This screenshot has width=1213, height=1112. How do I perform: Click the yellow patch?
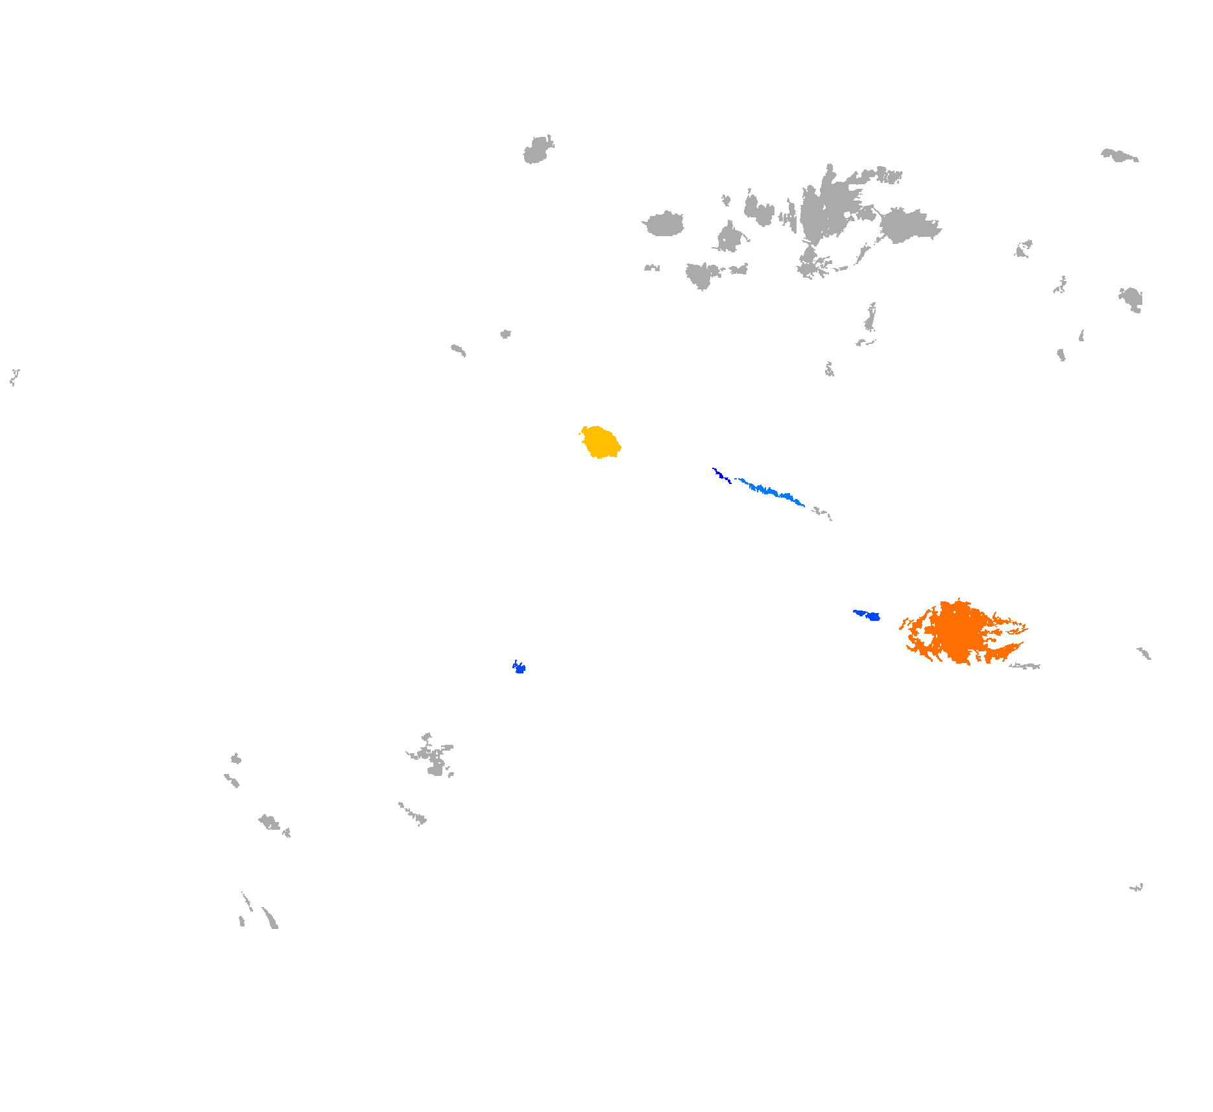click(601, 442)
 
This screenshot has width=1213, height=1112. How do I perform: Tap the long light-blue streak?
click(772, 491)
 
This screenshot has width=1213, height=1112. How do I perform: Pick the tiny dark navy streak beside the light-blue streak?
click(721, 475)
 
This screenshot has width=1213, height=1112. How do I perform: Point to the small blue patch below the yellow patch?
click(519, 668)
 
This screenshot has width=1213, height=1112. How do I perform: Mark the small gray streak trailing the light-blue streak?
click(822, 513)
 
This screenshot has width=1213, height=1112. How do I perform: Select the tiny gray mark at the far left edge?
click(14, 376)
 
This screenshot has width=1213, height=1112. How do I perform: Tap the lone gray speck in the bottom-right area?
click(1136, 887)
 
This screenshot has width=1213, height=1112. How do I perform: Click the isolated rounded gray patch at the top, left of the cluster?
click(538, 151)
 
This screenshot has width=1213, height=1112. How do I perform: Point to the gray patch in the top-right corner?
click(1118, 155)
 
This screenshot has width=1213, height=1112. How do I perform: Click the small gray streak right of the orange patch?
click(1144, 653)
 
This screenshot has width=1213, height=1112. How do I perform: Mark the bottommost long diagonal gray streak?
click(270, 918)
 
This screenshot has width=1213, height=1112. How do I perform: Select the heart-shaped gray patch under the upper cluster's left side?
click(701, 275)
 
